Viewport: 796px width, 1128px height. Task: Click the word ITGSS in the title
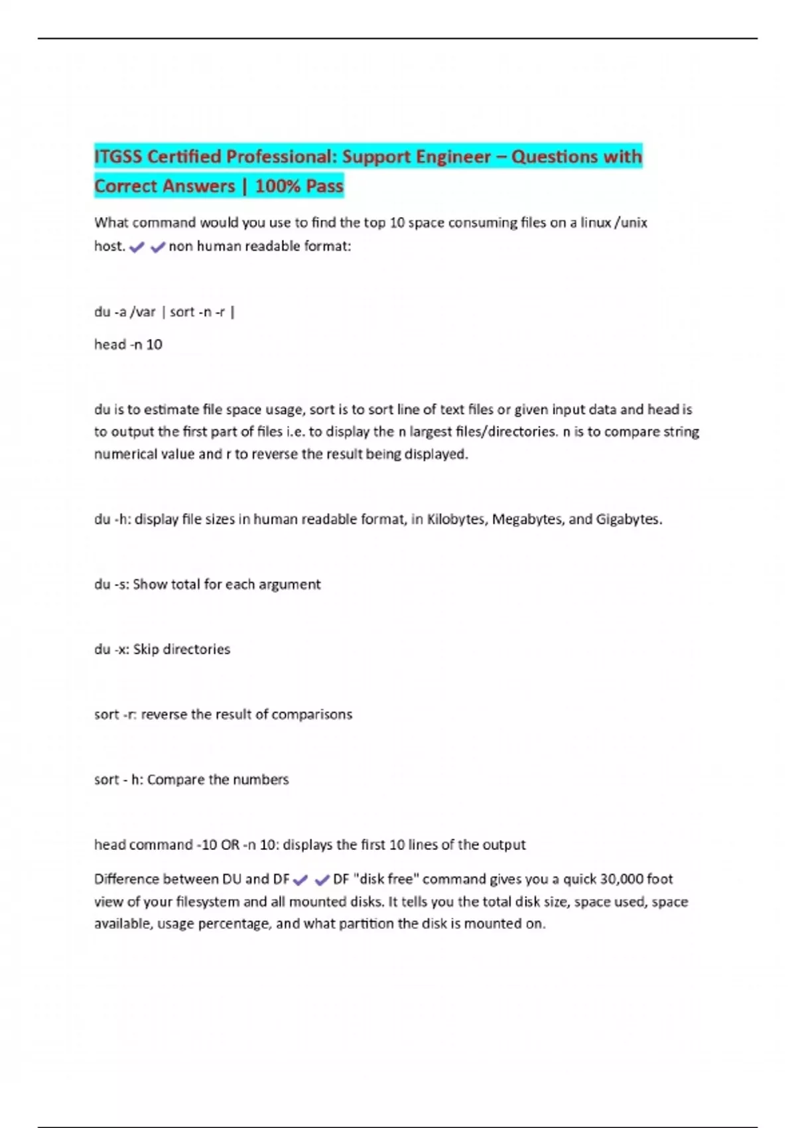[118, 157]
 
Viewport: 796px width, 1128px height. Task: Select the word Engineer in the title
[453, 157]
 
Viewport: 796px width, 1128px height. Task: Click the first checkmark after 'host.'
[137, 247]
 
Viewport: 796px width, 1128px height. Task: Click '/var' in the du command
[143, 312]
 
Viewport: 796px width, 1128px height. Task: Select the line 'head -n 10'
[128, 344]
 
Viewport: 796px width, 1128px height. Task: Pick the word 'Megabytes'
[527, 520]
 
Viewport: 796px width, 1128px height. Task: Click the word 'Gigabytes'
[628, 520]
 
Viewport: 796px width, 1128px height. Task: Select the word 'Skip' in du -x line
[145, 650]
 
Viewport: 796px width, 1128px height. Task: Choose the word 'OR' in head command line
[230, 845]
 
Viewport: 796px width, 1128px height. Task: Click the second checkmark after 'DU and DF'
[322, 881]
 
